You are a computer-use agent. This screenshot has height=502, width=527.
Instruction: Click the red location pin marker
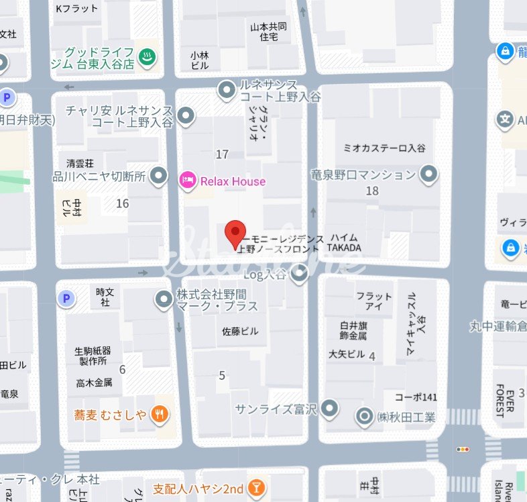tap(235, 234)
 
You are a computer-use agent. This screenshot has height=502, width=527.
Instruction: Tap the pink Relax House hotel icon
tap(188, 180)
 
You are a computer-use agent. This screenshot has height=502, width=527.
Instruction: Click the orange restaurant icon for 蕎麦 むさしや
tap(159, 415)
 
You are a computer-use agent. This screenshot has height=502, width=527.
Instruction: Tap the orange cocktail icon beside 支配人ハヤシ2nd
tap(255, 489)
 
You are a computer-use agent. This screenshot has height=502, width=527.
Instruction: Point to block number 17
tap(222, 155)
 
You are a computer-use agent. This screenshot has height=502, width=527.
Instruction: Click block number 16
tap(122, 203)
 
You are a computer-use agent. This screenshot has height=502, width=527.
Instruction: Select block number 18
tap(373, 191)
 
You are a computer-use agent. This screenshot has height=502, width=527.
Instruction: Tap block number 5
tap(222, 375)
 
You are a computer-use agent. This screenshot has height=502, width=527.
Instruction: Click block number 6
tap(122, 369)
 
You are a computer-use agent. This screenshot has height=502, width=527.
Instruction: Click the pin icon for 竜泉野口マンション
tap(429, 175)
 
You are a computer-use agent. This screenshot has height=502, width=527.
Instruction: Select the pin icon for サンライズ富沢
tap(329, 407)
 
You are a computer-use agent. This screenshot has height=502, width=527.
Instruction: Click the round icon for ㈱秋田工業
tap(364, 417)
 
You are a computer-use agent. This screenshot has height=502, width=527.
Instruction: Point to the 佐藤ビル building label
tap(239, 332)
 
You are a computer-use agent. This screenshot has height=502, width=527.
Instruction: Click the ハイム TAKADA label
tap(344, 243)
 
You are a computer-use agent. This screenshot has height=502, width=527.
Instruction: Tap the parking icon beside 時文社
tap(66, 299)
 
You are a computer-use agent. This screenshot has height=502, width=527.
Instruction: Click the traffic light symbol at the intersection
tap(462, 449)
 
